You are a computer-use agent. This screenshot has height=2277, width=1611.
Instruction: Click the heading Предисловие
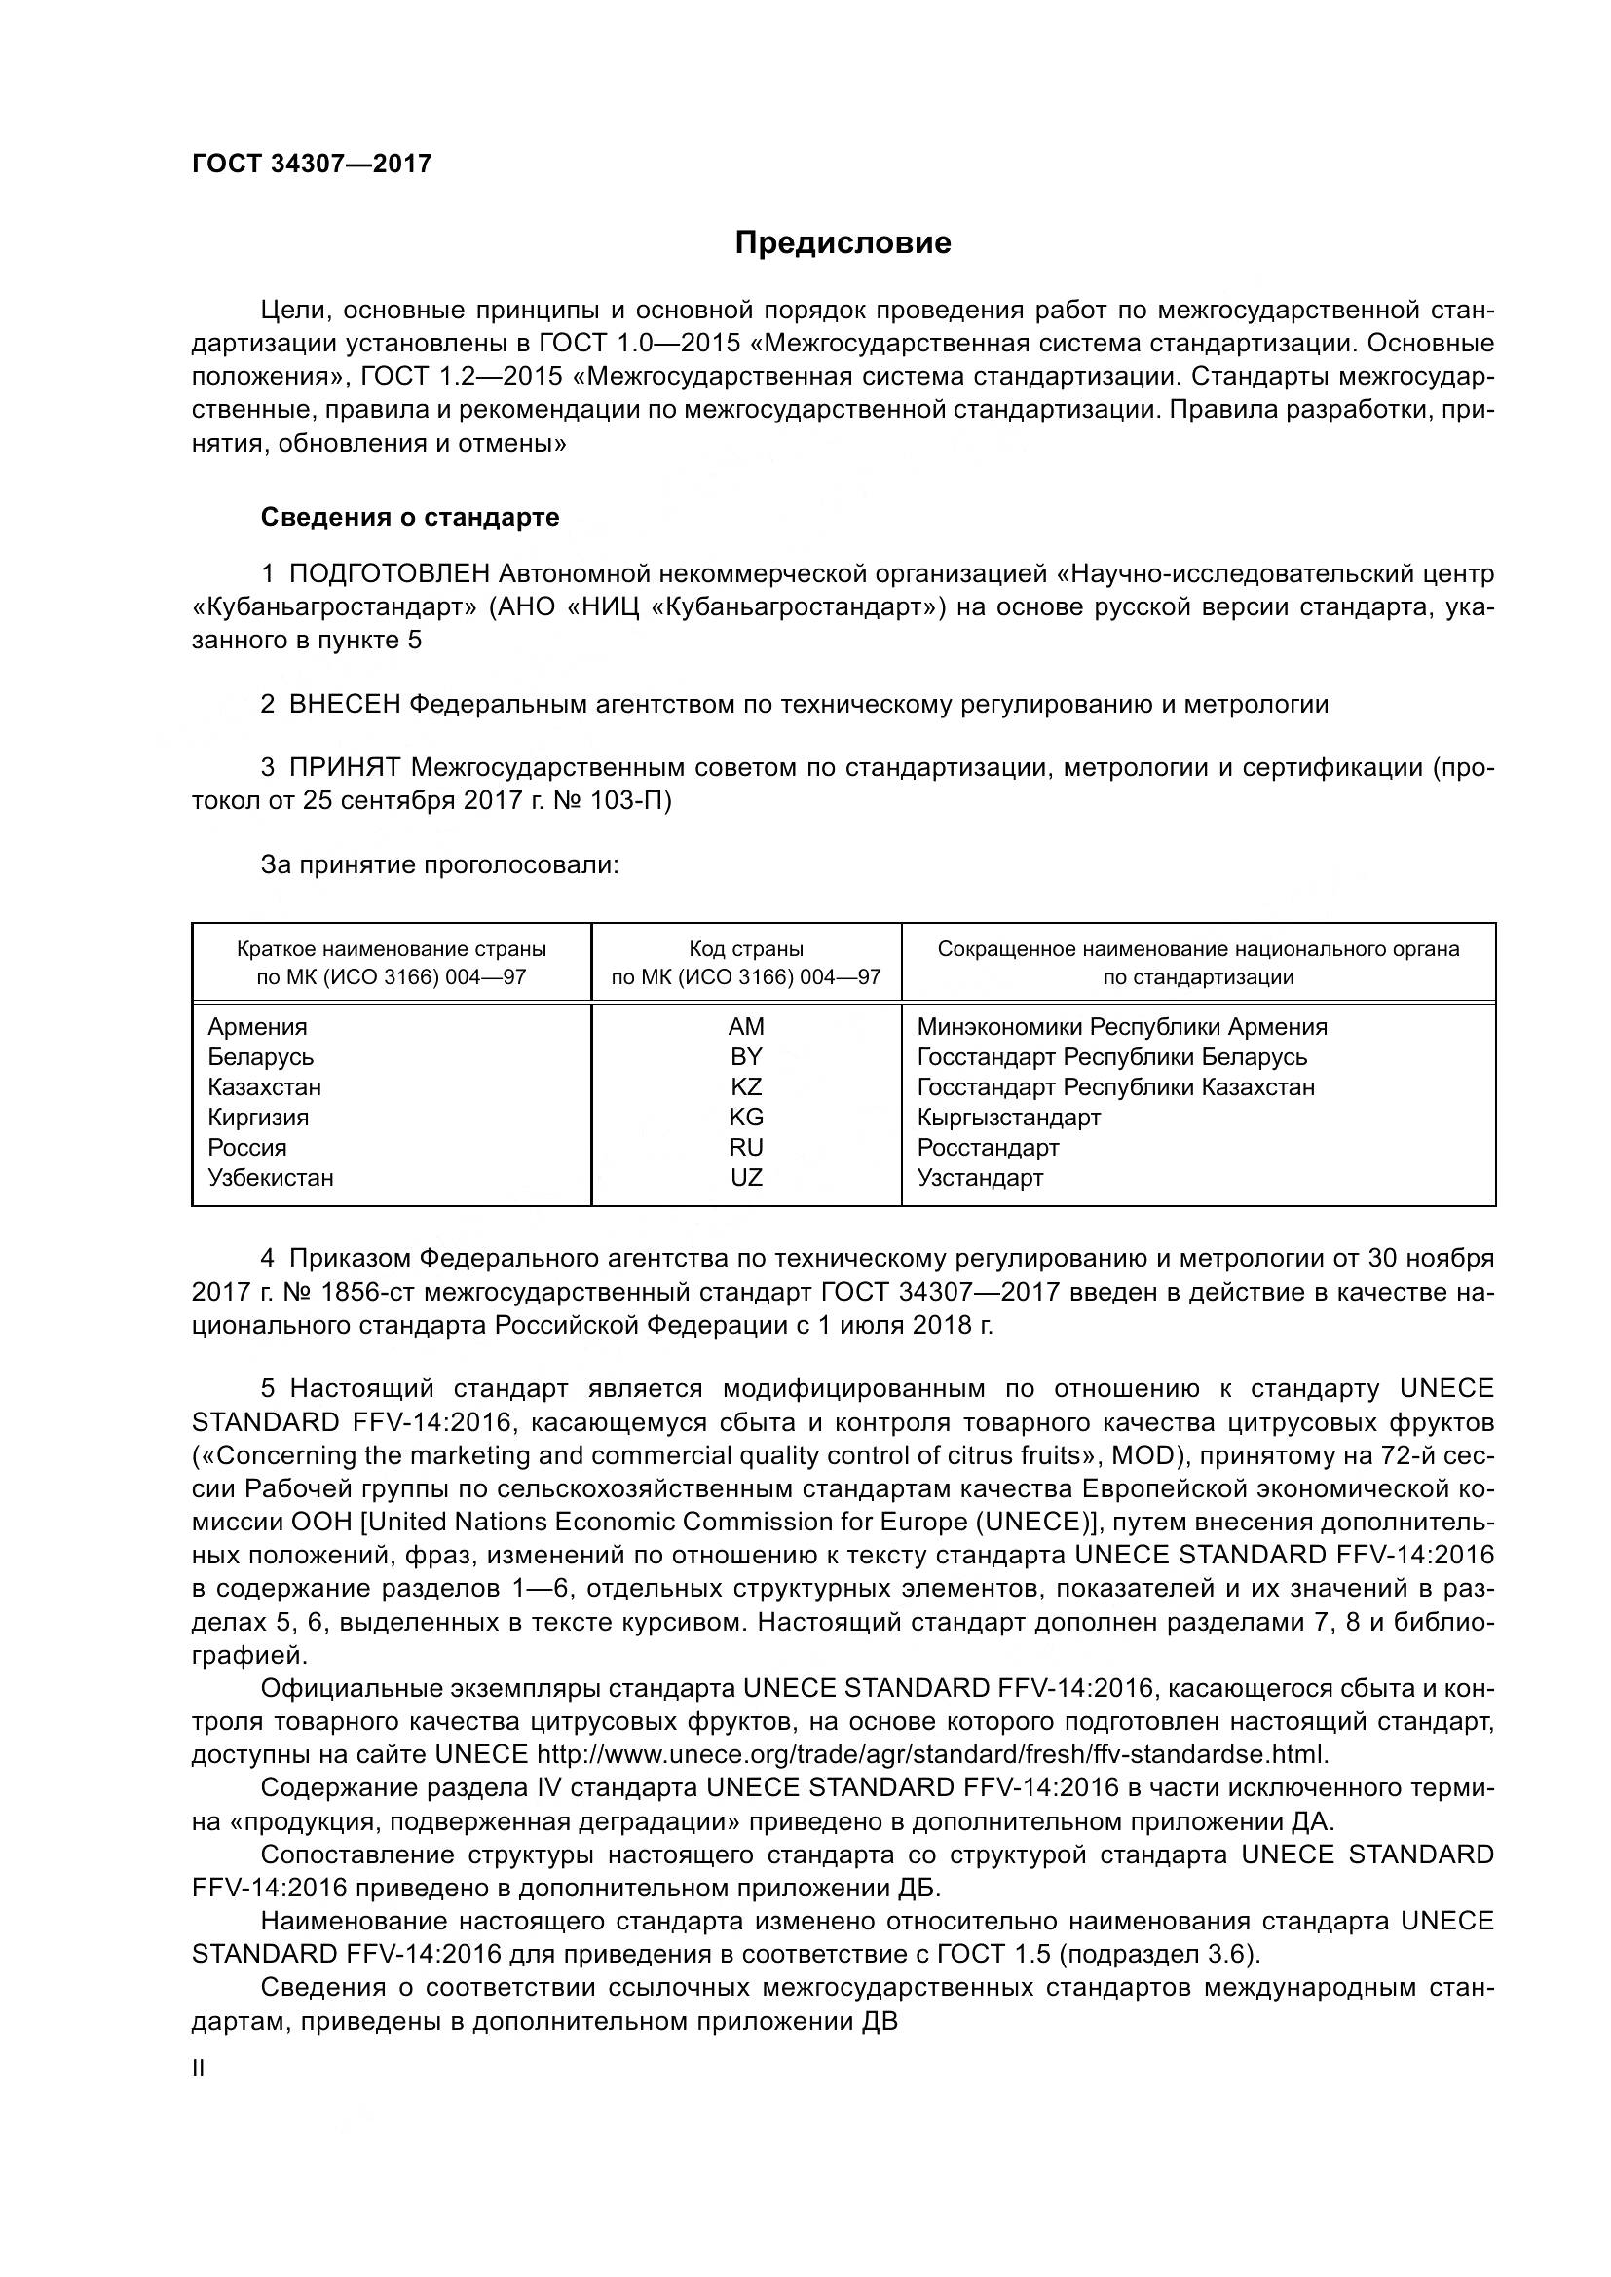click(x=843, y=243)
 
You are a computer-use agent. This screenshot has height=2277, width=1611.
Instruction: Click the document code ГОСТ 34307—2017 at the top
click(x=312, y=164)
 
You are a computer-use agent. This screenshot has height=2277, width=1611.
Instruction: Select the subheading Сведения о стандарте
click(x=410, y=517)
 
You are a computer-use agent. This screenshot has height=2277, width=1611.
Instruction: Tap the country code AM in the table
click(x=746, y=1026)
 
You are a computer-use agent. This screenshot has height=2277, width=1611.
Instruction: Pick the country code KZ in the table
click(x=746, y=1087)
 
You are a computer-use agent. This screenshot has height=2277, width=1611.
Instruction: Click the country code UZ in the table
click(x=746, y=1177)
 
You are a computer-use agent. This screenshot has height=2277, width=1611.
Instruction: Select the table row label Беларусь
click(x=261, y=1057)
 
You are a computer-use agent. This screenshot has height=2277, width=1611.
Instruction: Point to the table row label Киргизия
click(x=258, y=1118)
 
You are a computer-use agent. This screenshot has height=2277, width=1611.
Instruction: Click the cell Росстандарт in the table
click(x=988, y=1148)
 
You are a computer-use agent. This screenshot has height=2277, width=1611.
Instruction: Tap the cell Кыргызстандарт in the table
click(x=1009, y=1118)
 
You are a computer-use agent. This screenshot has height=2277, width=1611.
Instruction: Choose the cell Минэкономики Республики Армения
click(x=1122, y=1026)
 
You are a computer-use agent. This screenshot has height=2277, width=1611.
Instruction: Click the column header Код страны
click(x=746, y=949)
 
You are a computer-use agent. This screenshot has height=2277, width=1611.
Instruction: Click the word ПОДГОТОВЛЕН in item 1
click(x=390, y=573)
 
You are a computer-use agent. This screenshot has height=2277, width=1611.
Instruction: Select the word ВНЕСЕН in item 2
click(x=345, y=704)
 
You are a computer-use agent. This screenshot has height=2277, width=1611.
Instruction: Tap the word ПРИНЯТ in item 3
click(x=345, y=766)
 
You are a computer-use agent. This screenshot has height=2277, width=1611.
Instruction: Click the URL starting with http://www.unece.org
click(x=931, y=1754)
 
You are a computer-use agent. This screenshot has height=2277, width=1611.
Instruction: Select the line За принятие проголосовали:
click(x=439, y=864)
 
